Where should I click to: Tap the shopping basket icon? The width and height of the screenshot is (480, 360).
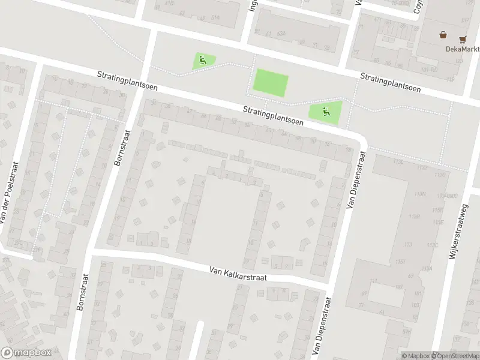(x=443, y=35)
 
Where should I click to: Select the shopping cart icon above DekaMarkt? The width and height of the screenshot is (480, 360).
(x=462, y=40)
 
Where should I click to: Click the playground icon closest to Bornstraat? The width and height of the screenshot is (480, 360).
(x=202, y=60)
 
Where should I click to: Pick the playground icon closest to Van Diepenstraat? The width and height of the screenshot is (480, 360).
(x=325, y=111)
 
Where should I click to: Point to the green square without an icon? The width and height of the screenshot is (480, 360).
(x=271, y=82)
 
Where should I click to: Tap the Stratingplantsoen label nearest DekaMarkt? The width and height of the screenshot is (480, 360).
(x=390, y=83)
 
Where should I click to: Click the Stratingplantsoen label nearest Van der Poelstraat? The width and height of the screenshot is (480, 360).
(x=128, y=79)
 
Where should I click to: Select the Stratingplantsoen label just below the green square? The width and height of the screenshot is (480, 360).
(x=273, y=115)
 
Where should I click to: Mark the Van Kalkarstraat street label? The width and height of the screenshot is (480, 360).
(x=238, y=274)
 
